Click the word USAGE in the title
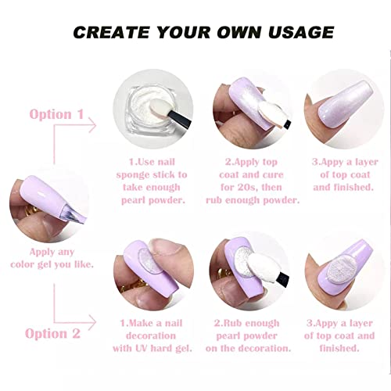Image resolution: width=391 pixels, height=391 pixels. click(301, 32)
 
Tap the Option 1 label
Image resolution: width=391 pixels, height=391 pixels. click(56, 114)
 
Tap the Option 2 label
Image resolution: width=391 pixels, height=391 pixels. click(52, 333)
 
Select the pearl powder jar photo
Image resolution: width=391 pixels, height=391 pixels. click(153, 109)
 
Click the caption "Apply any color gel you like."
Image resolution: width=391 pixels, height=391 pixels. click(52, 258)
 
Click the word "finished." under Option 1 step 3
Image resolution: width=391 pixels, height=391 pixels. click(357, 188)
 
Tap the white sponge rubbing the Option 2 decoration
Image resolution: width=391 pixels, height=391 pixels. click(260, 269)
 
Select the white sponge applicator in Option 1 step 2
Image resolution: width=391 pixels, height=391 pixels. click(271, 113)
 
